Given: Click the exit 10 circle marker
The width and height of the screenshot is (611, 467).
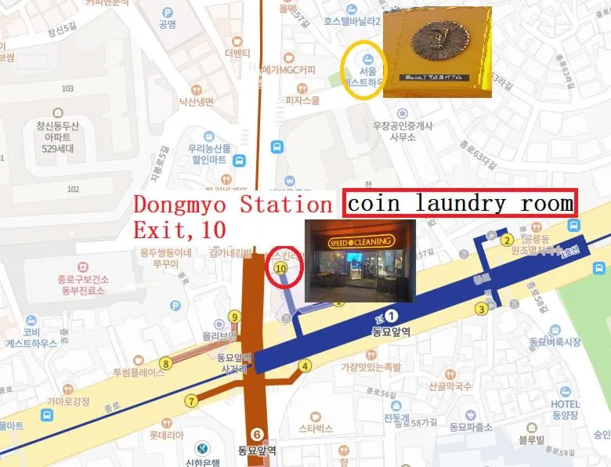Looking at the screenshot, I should click(280, 267).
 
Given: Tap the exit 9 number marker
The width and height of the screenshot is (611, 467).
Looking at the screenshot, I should click(233, 317).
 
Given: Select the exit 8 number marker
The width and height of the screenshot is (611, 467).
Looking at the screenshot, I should click(165, 363).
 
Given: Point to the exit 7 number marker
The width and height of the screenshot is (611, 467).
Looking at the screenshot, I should click(191, 400).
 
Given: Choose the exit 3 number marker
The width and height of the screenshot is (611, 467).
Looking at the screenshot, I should click(482, 309).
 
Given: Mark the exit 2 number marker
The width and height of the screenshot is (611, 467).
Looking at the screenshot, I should click(507, 240).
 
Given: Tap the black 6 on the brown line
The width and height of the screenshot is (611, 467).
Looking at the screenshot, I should click(256, 433).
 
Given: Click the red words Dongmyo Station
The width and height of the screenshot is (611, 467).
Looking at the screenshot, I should click(233, 205).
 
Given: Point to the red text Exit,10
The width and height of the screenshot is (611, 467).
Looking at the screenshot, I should click(179, 230).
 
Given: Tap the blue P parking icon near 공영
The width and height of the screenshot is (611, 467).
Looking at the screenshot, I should click(167, 12).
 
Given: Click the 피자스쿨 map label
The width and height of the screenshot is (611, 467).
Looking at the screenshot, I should click(302, 100).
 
